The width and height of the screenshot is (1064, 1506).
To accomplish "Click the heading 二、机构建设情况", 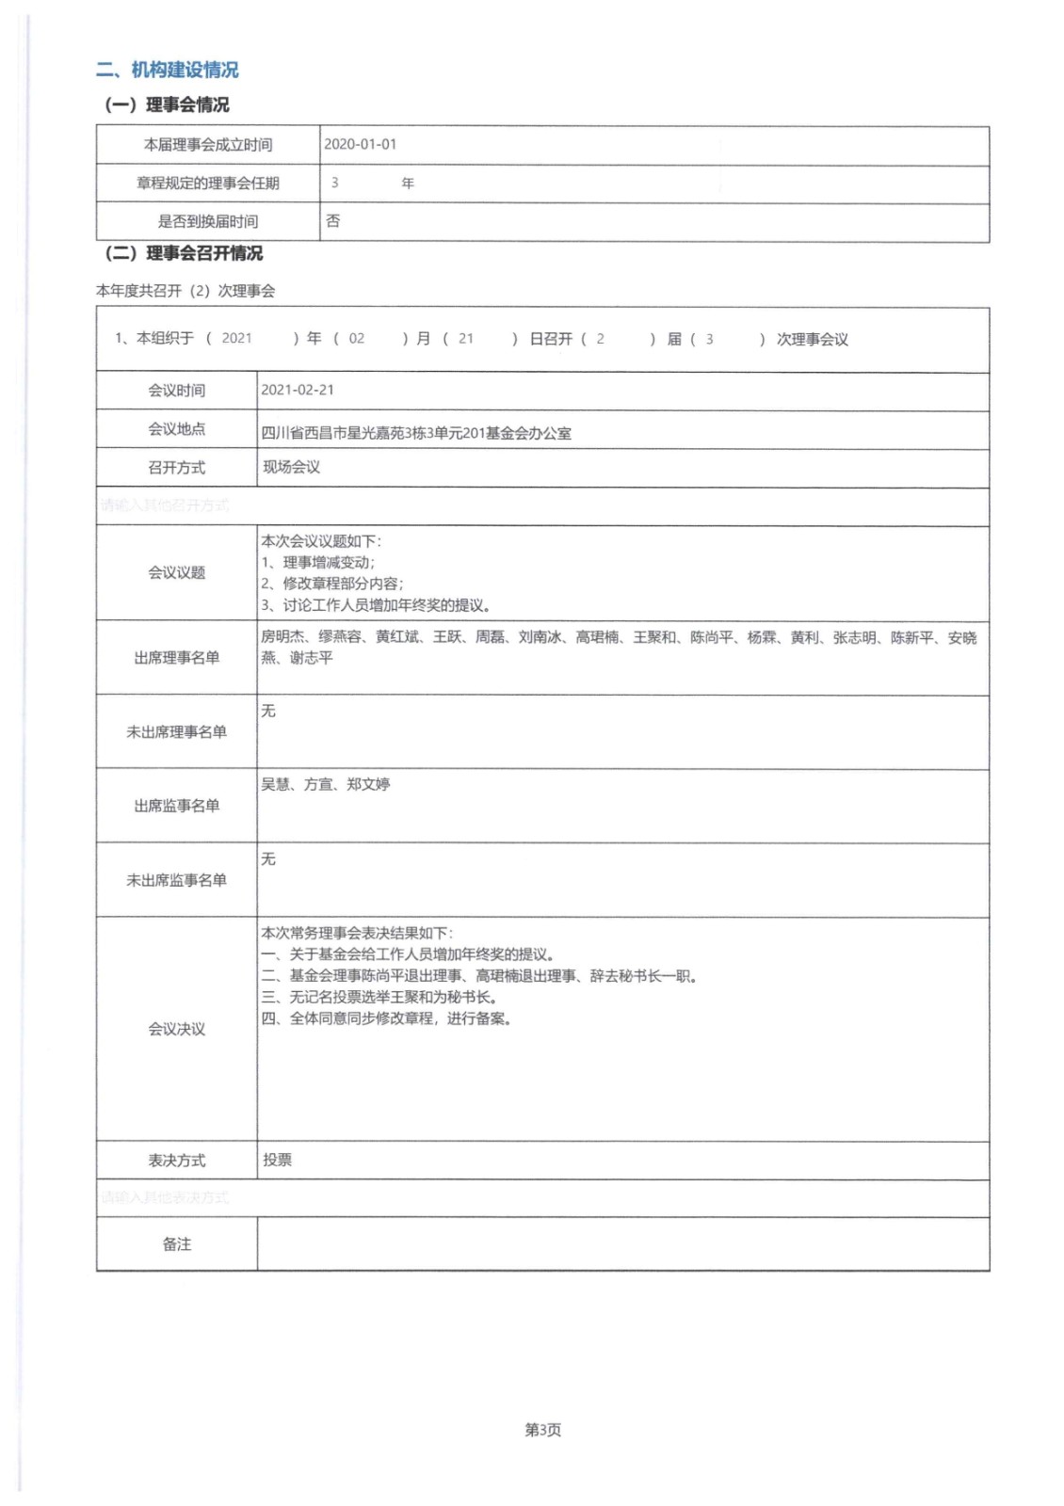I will [x=167, y=70].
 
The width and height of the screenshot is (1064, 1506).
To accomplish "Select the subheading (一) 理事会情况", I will [x=167, y=104].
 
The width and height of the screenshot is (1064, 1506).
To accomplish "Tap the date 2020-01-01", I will [x=360, y=144].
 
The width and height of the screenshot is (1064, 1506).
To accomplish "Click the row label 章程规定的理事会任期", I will [x=208, y=184].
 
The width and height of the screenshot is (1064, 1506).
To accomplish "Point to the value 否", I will [x=332, y=221].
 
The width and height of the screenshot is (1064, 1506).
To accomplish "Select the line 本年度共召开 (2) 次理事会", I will [x=185, y=291].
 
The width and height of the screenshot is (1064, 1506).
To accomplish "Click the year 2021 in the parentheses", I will [x=236, y=339].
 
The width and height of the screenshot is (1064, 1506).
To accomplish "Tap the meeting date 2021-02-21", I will [x=298, y=390].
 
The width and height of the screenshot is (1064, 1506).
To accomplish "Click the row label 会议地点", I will [x=176, y=429].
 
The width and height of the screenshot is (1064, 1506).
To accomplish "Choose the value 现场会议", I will [x=291, y=467].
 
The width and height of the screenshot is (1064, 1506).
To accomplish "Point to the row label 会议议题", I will [x=176, y=572].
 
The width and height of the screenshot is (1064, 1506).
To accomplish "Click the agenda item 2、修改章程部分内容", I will [x=332, y=584].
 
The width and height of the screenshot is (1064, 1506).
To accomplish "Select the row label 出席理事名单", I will [x=176, y=658].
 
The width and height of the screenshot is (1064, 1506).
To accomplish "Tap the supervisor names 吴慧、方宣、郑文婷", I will [x=325, y=784].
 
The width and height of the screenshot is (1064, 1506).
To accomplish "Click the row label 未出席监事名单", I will [x=176, y=880].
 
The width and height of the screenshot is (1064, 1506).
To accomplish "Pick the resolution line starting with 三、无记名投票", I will [x=379, y=997].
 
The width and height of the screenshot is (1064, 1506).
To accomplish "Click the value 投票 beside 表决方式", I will [x=277, y=1160].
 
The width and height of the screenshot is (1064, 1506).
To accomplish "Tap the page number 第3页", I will [x=542, y=1430].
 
